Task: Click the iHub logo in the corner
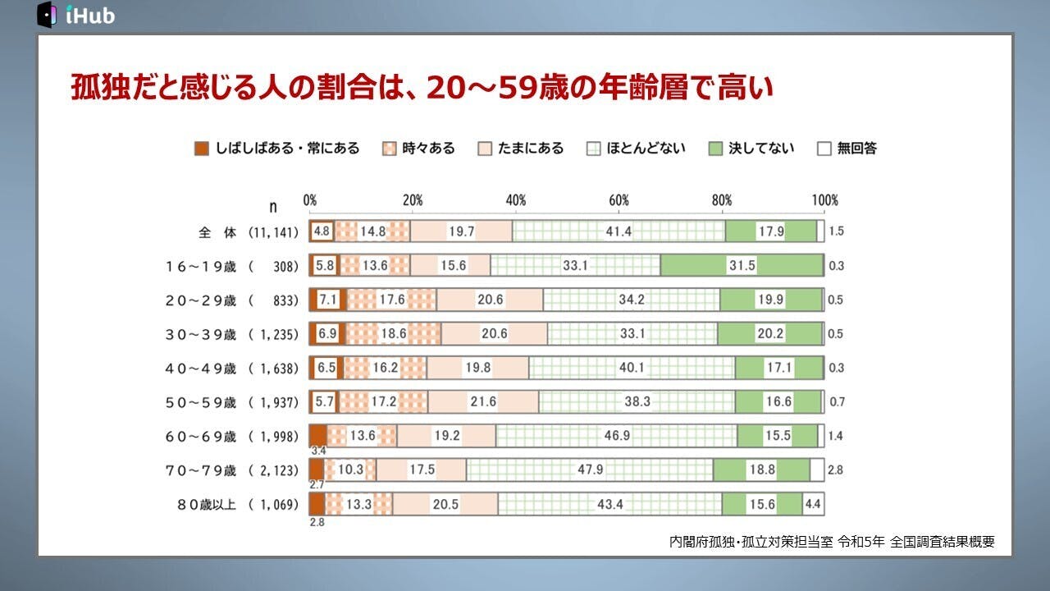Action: coord(75,14)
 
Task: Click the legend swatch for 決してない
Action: coord(715,149)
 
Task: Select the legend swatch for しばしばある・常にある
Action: coord(202,149)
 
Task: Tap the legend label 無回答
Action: coord(857,149)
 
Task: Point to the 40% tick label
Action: coord(516,200)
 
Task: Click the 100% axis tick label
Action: coord(824,200)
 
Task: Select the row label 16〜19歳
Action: coord(200,266)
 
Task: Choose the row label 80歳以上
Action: coord(200,504)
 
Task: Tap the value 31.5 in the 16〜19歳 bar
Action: coord(742,266)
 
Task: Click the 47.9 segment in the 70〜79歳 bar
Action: coord(590,470)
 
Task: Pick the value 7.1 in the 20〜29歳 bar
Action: coord(327,300)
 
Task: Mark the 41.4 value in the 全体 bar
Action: coord(619,231)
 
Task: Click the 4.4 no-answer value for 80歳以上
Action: coord(813,504)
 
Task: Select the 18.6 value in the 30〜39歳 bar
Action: coord(394,334)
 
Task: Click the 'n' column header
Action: coord(273,207)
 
